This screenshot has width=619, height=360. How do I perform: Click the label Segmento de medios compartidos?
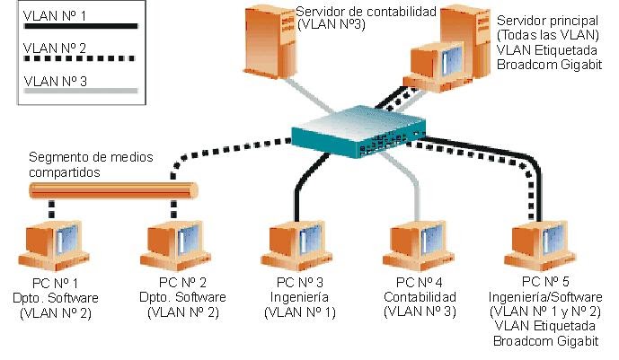pyautogui.click(x=90, y=163)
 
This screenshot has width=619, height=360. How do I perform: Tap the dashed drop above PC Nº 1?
pyautogui.click(x=52, y=209)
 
